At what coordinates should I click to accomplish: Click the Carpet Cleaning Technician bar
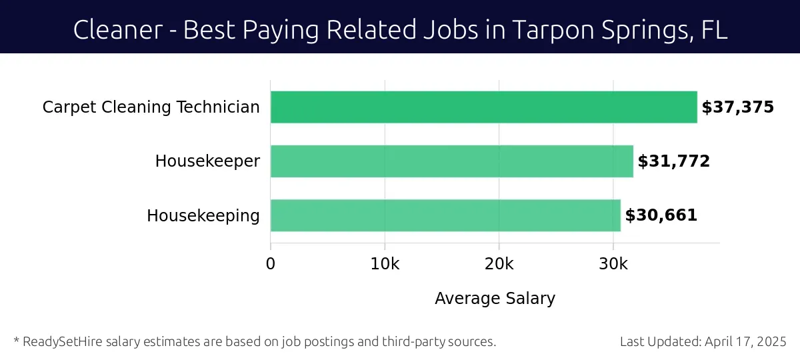click(x=483, y=107)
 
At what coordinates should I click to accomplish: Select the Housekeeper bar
click(x=451, y=161)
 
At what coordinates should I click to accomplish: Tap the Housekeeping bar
click(x=445, y=215)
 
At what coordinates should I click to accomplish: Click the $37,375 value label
click(x=737, y=107)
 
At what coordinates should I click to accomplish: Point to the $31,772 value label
click(x=673, y=161)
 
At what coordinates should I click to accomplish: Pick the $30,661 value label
click(x=661, y=215)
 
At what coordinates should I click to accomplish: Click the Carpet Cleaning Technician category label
click(x=151, y=107)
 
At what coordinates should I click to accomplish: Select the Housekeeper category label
click(x=207, y=161)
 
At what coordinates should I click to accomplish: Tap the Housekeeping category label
click(x=203, y=216)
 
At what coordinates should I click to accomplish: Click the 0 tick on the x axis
click(x=271, y=264)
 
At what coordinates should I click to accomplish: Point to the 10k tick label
click(x=385, y=264)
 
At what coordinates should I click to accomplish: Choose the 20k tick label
click(x=499, y=264)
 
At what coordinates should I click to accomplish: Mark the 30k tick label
click(x=613, y=264)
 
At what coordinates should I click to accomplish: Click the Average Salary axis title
click(x=495, y=298)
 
